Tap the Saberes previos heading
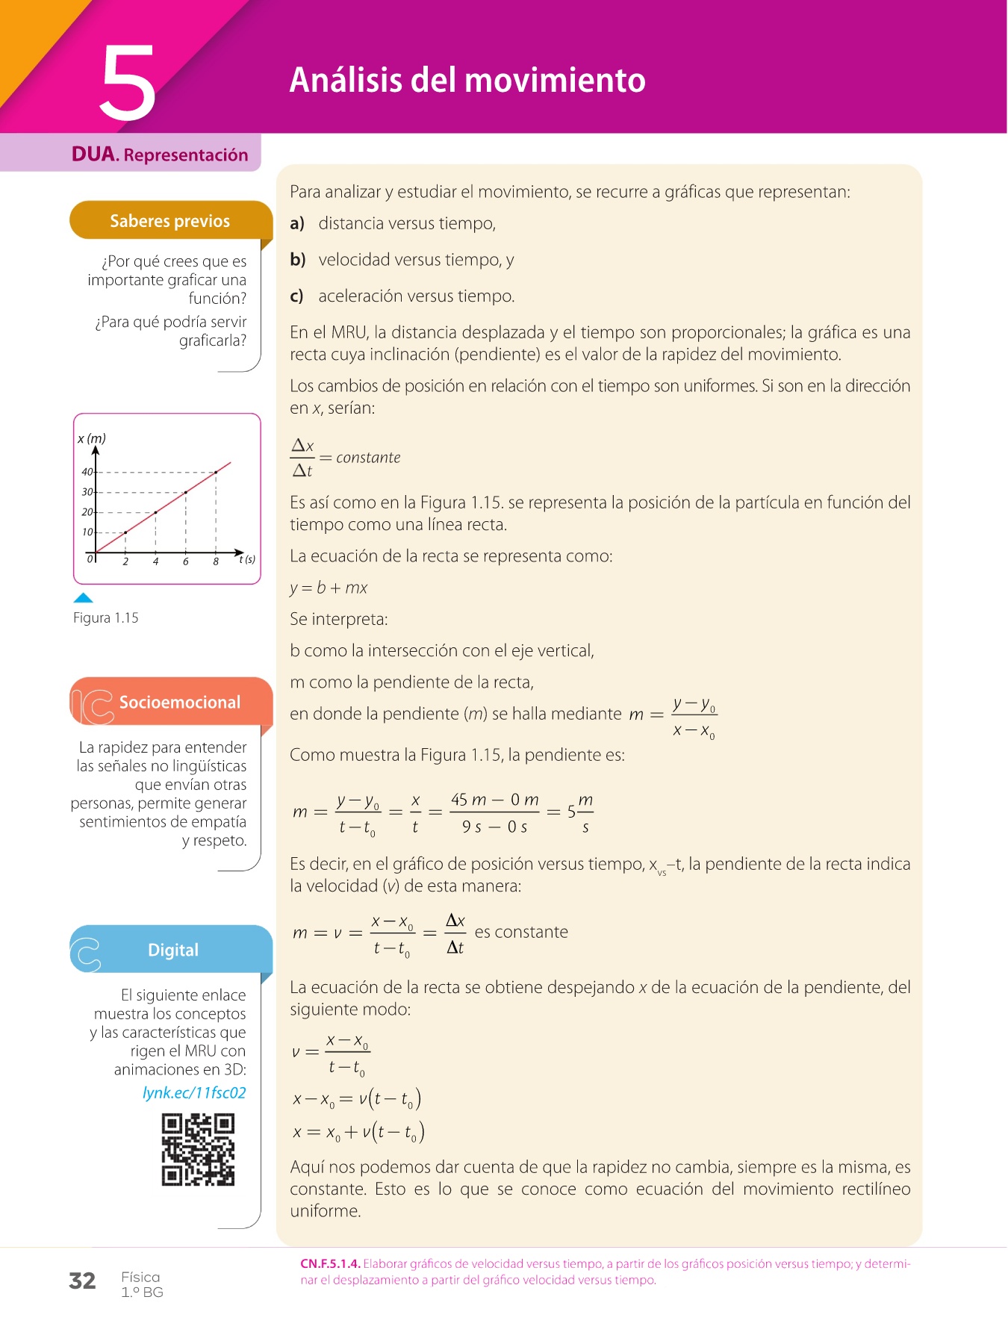click(169, 221)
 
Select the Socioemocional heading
click(179, 702)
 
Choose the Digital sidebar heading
click(172, 950)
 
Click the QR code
click(198, 1149)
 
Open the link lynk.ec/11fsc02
click(194, 1092)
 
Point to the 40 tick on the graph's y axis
click(87, 472)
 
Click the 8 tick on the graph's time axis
click(216, 561)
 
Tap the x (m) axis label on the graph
click(92, 438)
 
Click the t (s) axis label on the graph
click(247, 559)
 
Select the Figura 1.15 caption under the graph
click(105, 617)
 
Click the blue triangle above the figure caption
click(84, 597)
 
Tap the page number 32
click(82, 1281)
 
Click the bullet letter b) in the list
click(297, 260)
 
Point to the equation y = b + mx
click(329, 588)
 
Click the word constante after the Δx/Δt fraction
click(368, 458)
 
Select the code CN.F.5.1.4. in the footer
click(330, 1263)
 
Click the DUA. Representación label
click(160, 155)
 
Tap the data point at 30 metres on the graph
click(186, 492)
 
